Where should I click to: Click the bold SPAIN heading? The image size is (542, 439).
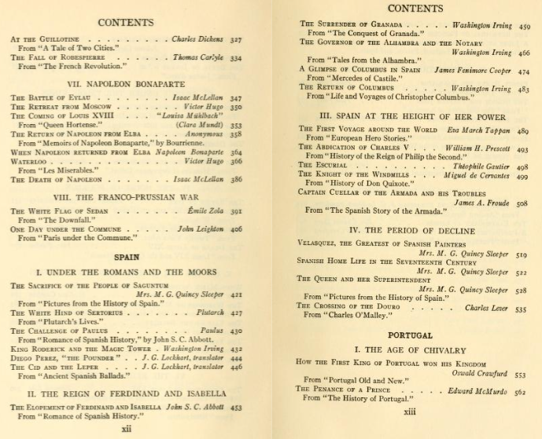tap(131, 256)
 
